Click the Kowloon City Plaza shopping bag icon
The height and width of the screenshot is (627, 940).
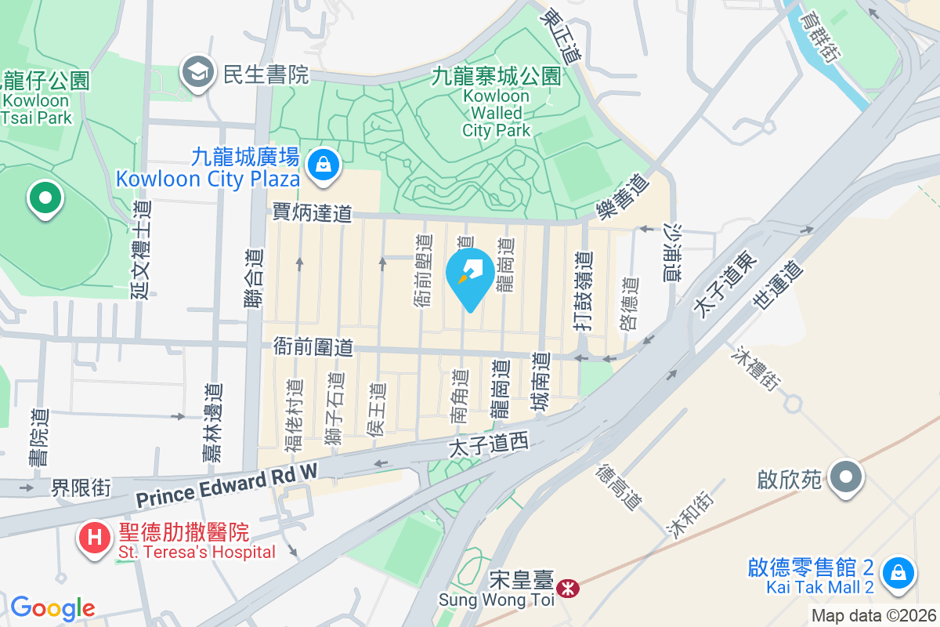pos(322,165)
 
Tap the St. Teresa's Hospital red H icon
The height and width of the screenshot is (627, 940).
pos(96,538)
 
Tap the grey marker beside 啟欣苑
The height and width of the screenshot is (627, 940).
pos(846,477)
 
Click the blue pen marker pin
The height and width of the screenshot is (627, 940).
pos(470,276)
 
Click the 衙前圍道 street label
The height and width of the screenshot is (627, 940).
pos(313,346)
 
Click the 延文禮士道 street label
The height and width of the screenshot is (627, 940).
pos(141,249)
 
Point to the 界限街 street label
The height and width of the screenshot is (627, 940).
pos(81,488)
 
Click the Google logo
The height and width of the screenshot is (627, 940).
pos(52,608)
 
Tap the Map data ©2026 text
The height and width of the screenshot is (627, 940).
pos(873,615)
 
